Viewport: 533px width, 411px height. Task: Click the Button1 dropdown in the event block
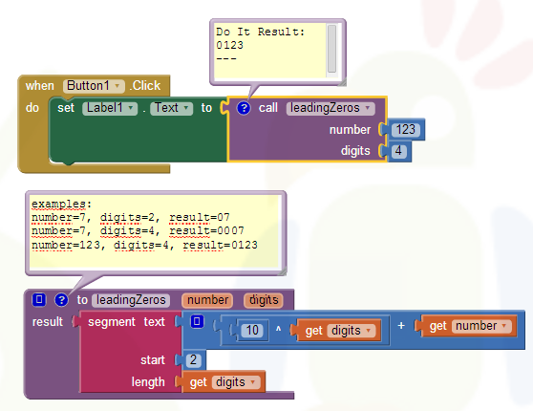[x=94, y=86]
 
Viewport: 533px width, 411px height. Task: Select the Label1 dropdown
[x=110, y=108]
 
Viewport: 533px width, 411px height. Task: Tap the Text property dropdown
[x=171, y=108]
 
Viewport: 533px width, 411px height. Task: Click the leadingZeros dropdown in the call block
[x=330, y=108]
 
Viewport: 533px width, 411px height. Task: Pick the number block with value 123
[x=406, y=130]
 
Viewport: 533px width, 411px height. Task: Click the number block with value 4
[x=398, y=151]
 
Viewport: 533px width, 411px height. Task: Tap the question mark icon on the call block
[x=244, y=108]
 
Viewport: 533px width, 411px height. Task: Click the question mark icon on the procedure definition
[x=61, y=300]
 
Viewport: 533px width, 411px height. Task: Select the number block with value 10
[x=252, y=330]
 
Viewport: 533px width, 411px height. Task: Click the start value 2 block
[x=193, y=360]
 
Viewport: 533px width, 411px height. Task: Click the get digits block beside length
[x=223, y=382]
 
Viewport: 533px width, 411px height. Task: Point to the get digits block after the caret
[x=337, y=330]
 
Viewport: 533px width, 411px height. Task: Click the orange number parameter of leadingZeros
[x=207, y=300]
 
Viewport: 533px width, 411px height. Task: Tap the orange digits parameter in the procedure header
[x=264, y=300]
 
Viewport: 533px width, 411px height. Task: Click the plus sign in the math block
[x=401, y=326]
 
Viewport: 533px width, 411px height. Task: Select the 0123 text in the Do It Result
[x=230, y=45]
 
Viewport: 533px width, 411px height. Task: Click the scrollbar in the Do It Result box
[x=331, y=49]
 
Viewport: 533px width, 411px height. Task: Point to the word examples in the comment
[x=58, y=204]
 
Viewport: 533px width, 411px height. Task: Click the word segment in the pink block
[x=112, y=322]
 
